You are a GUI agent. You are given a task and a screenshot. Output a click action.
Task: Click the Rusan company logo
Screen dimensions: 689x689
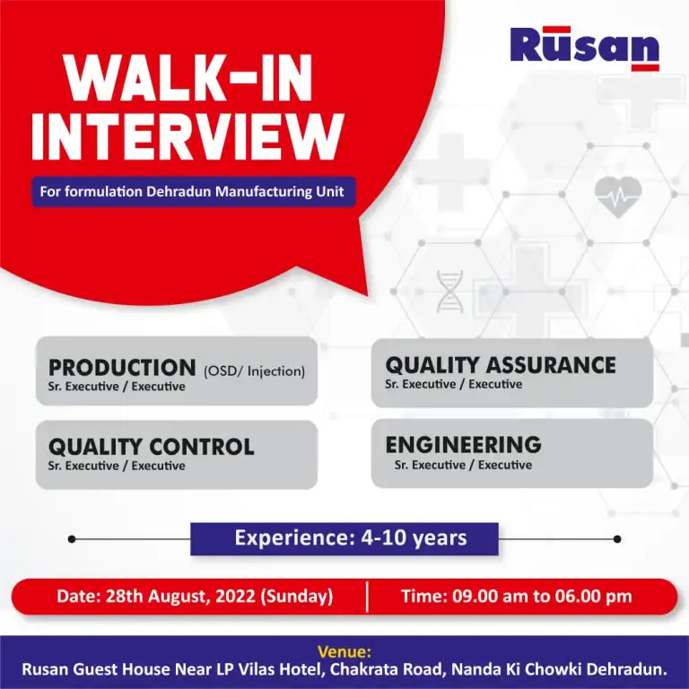pos(584,48)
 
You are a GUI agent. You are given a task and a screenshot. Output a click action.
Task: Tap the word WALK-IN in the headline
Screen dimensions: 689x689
pos(188,78)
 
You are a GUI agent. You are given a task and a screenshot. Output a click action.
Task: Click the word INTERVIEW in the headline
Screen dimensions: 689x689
pos(188,137)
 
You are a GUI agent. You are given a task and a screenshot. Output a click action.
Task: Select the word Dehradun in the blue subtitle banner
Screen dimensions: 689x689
pos(179,192)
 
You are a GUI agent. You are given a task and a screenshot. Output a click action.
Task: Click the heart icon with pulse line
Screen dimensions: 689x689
pos(618,196)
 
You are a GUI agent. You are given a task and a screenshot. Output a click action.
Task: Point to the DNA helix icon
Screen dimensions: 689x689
pos(449,292)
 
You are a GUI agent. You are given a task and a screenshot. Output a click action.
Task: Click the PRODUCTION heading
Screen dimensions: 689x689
pos(122,368)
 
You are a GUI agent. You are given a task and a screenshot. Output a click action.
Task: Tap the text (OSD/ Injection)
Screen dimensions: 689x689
pos(254,371)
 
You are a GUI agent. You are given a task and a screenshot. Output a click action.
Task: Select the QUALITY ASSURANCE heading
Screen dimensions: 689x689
pos(501,366)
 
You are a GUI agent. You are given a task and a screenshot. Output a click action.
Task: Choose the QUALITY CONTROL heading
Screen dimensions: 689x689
pos(151,448)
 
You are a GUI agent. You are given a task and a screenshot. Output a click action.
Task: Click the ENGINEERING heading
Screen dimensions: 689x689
pos(463,445)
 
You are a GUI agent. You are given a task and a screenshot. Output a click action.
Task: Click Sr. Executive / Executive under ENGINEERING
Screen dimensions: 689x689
pos(463,465)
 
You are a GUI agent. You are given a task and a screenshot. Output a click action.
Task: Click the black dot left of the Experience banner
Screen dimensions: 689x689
pos(72,539)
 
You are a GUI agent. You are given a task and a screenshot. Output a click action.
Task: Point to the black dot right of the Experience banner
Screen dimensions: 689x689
pos(617,539)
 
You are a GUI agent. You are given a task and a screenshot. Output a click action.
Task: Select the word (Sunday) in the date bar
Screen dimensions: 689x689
pos(297,597)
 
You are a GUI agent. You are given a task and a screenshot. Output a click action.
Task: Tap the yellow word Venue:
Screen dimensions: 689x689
pos(344,651)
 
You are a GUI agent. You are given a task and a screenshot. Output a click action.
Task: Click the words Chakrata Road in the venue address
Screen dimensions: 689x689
pos(386,669)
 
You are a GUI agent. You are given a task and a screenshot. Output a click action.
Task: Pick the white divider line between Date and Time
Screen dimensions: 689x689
pos(367,597)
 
